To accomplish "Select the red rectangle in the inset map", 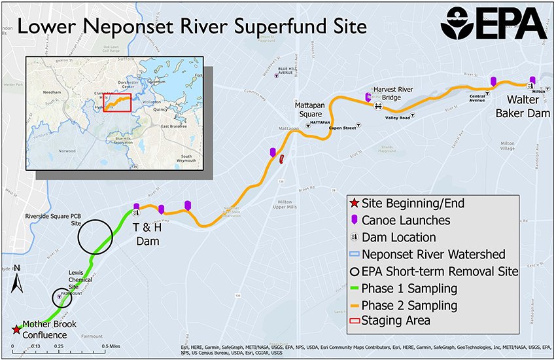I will tap(117, 103).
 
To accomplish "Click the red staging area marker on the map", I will tap(281, 159).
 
